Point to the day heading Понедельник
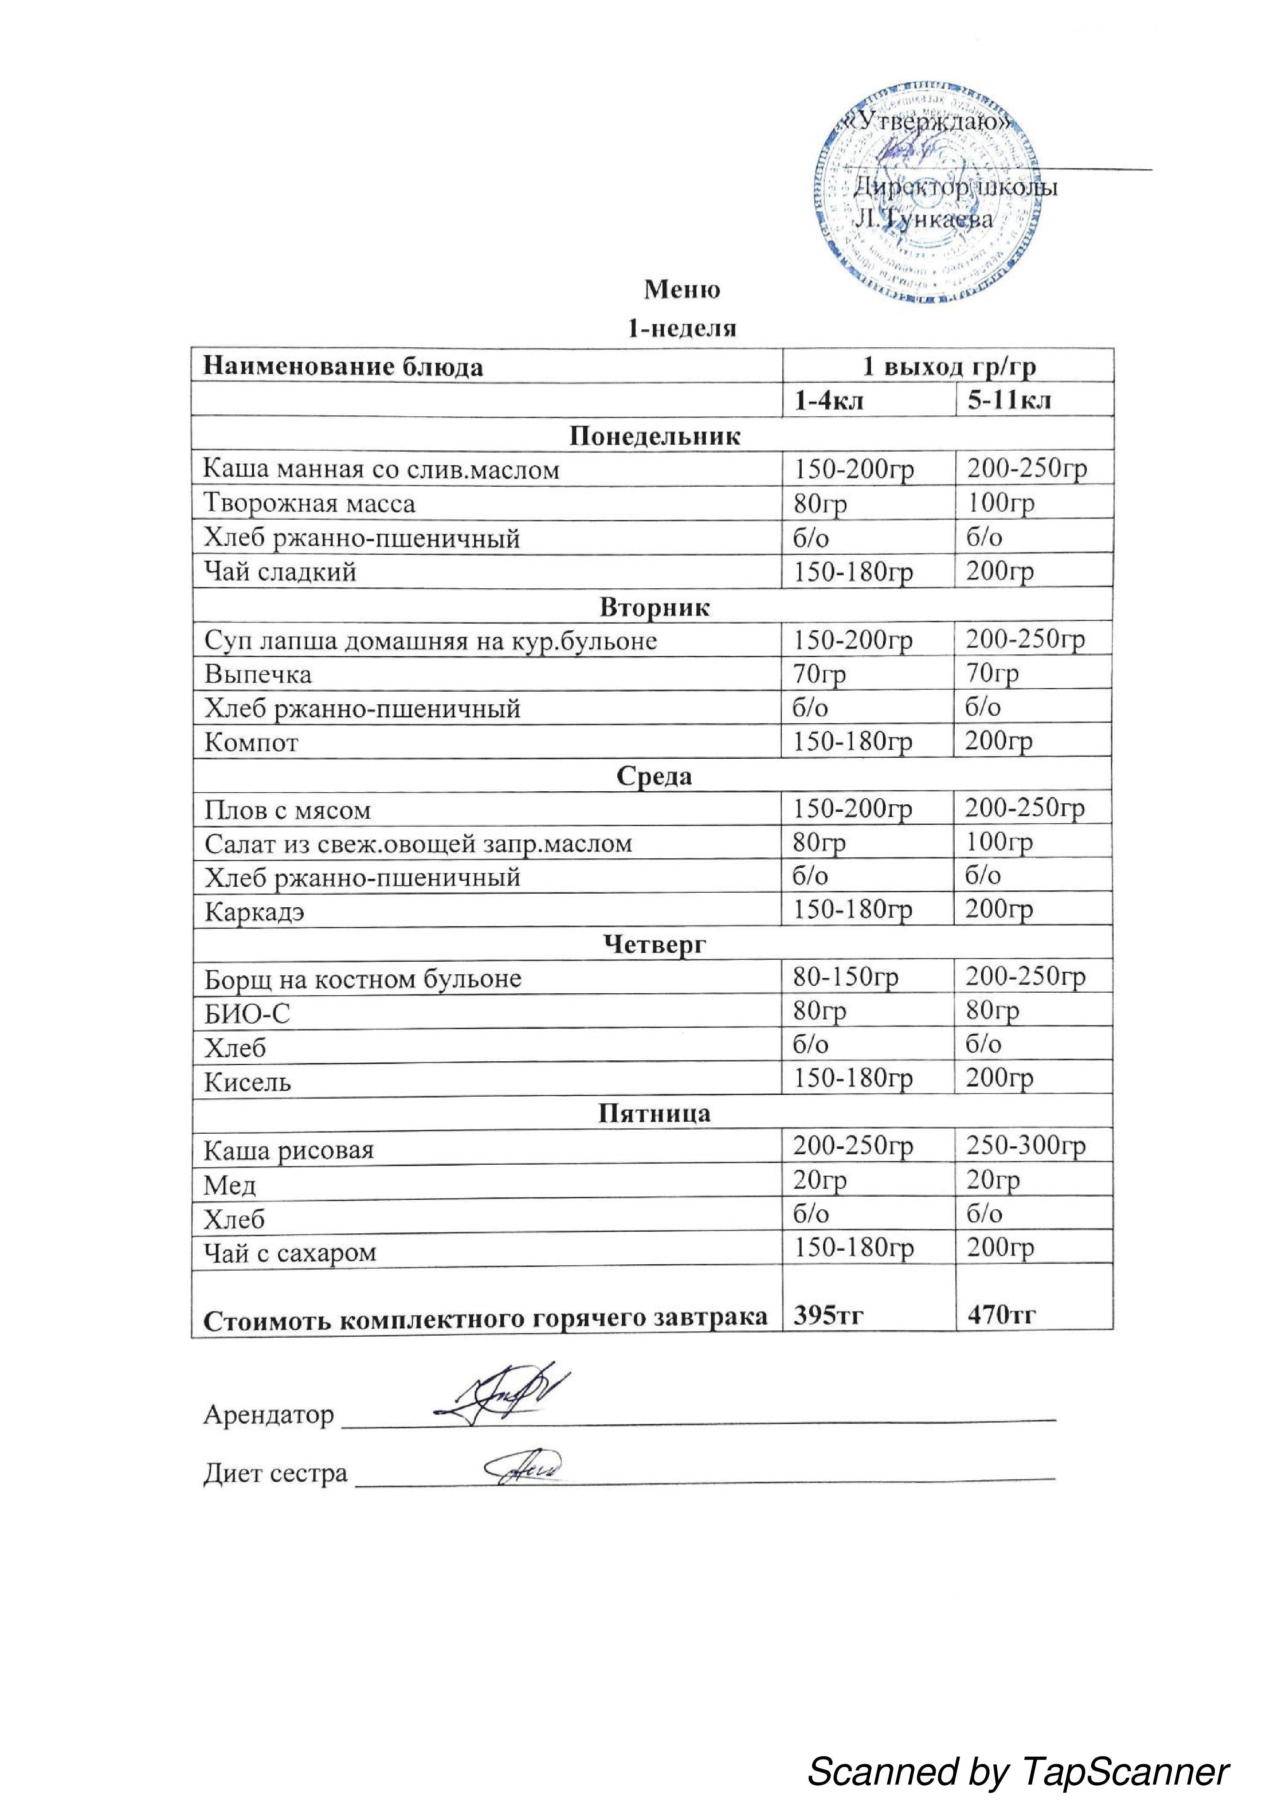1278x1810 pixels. pos(654,436)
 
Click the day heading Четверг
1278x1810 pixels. pos(654,944)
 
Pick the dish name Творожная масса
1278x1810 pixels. pos(309,503)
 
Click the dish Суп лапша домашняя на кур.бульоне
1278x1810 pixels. pos(430,640)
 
